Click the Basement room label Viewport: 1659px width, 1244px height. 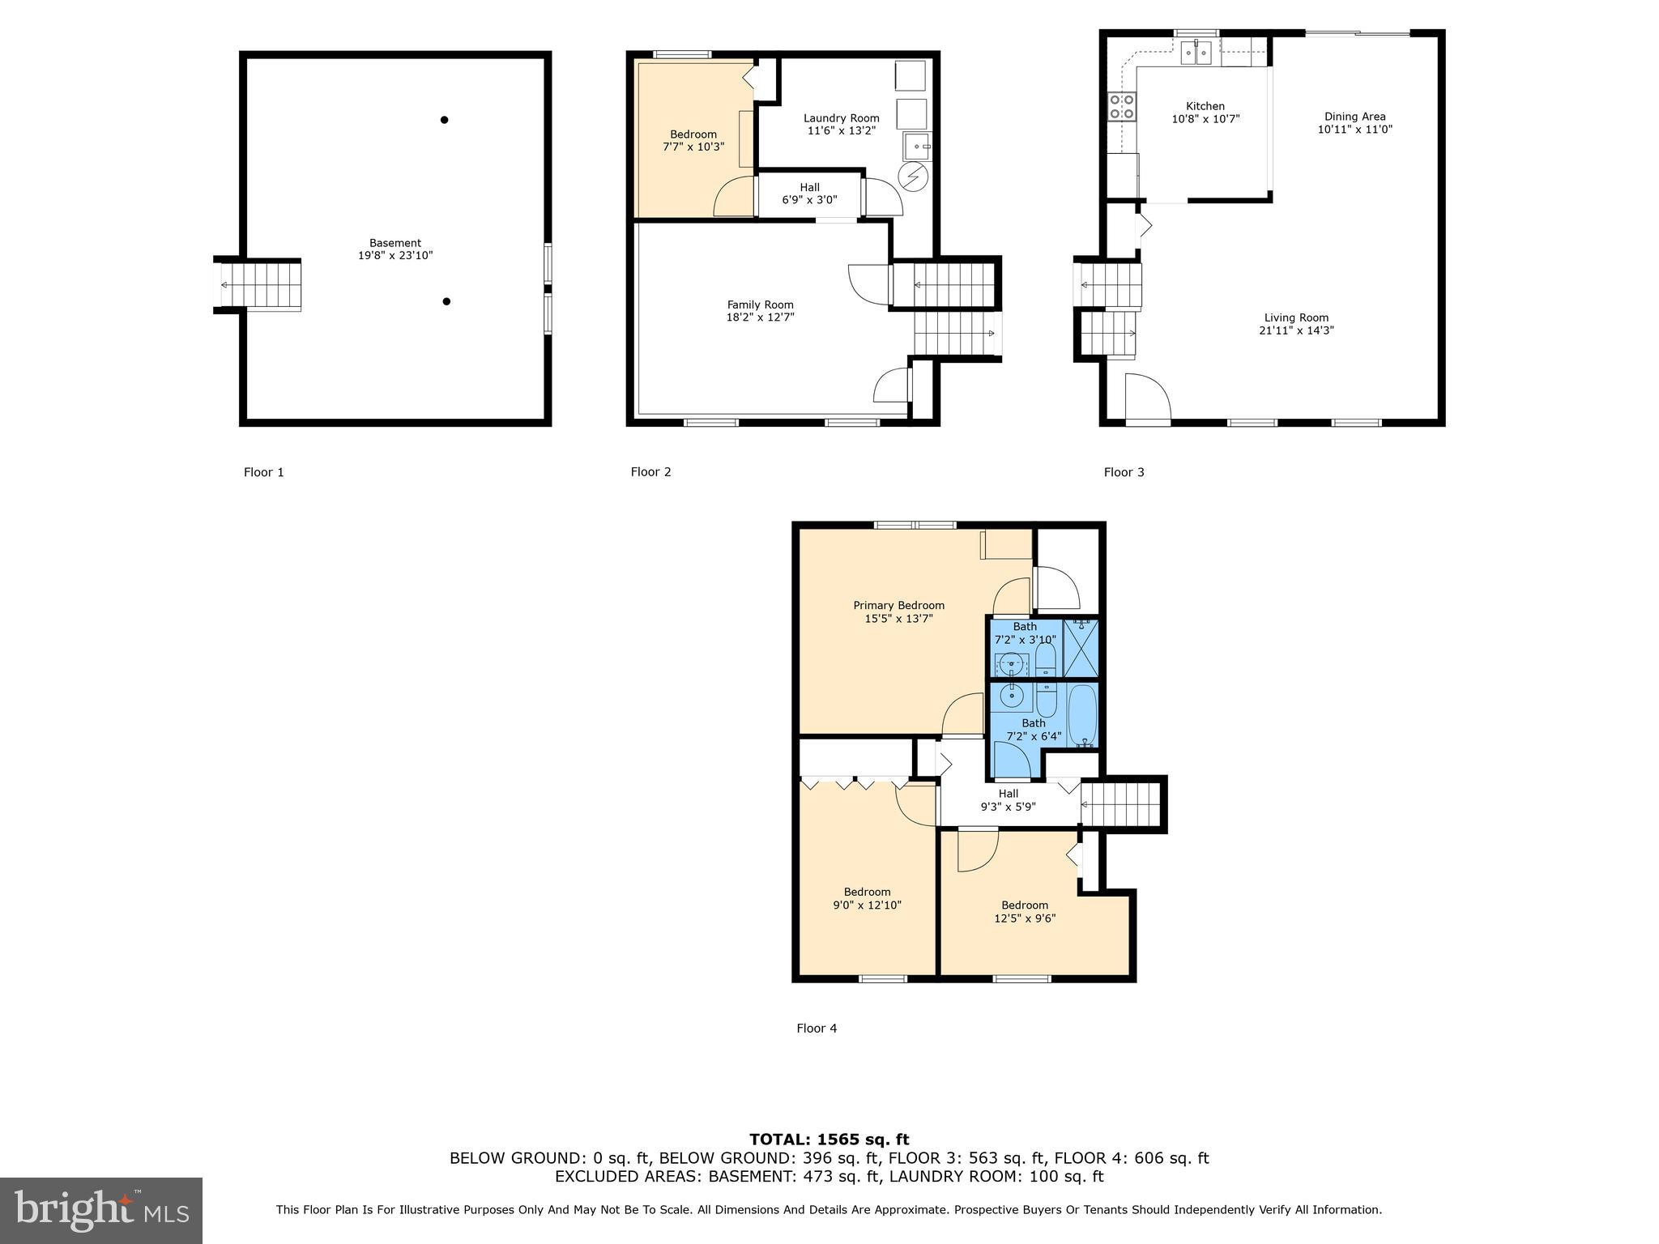pyautogui.click(x=395, y=243)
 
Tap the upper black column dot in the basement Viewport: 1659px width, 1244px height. pyautogui.click(x=444, y=120)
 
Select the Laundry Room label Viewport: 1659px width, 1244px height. pyautogui.click(x=841, y=118)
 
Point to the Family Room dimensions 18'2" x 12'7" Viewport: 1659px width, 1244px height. pyautogui.click(x=760, y=317)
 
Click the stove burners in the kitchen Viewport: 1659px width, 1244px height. pyautogui.click(x=1122, y=107)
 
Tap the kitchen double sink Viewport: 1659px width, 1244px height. pyautogui.click(x=1196, y=53)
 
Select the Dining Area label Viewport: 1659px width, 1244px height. pyautogui.click(x=1354, y=117)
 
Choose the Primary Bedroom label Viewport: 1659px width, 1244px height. pyautogui.click(x=898, y=606)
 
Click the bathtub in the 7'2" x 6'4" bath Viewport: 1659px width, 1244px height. pyautogui.click(x=1082, y=716)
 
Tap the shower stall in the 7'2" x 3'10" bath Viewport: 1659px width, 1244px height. pyautogui.click(x=1081, y=648)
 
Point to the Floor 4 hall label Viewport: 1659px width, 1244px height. pyautogui.click(x=1008, y=794)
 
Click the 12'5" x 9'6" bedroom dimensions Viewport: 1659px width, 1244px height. pyautogui.click(x=1025, y=918)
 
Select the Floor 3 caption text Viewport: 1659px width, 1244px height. pyautogui.click(x=1124, y=472)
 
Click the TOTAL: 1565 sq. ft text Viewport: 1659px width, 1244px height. pyautogui.click(x=829, y=1140)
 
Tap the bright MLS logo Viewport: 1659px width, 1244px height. pyautogui.click(x=101, y=1210)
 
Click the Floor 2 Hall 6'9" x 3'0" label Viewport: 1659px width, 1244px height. pyautogui.click(x=809, y=194)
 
